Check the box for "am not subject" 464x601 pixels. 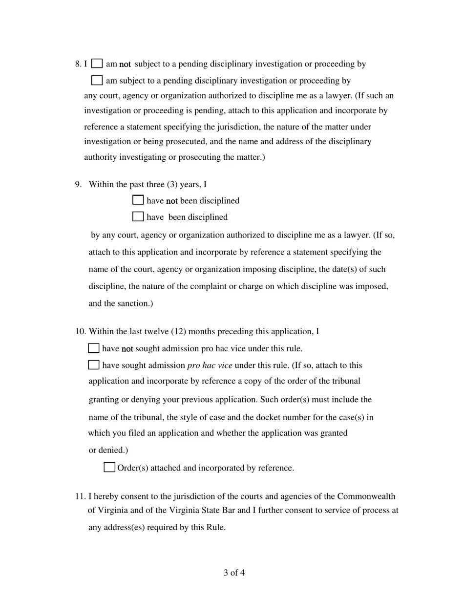tap(97, 64)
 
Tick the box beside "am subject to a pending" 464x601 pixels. tap(97, 80)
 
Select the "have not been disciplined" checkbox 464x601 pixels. tap(138, 200)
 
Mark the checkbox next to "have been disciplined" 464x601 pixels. tap(138, 216)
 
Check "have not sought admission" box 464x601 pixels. tap(94, 348)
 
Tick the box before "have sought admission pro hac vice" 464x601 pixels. tap(94, 365)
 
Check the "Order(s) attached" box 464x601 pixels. tap(109, 468)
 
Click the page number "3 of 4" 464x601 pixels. tap(234, 573)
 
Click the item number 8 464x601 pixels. tap(78, 64)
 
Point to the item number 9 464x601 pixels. tap(78, 184)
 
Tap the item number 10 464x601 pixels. tap(80, 332)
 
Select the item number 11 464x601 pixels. tap(80, 496)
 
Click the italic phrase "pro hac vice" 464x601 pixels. tap(210, 365)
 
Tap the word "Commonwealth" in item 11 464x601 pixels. tap(366, 496)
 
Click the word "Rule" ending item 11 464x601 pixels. tap(214, 528)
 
